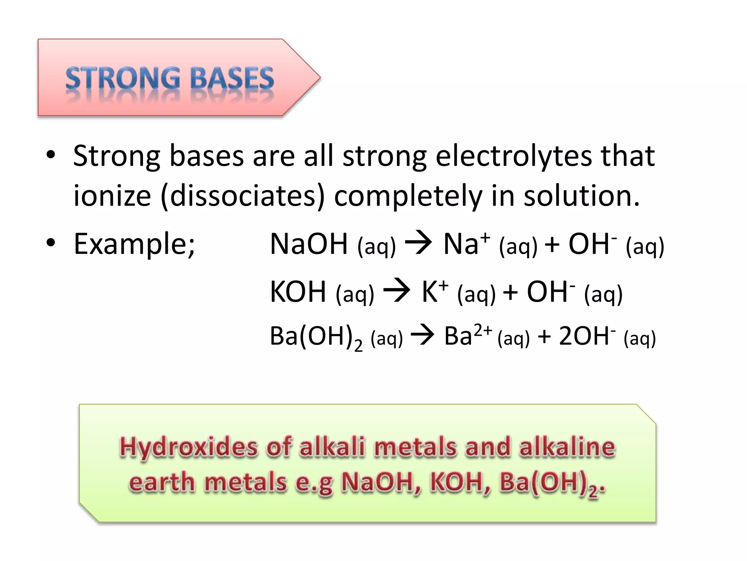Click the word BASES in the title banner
[232, 79]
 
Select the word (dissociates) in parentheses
[243, 196]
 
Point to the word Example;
[134, 244]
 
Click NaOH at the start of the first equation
[309, 244]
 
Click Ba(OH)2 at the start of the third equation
[316, 337]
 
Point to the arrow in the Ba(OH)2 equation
[422, 335]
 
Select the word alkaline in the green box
[567, 447]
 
